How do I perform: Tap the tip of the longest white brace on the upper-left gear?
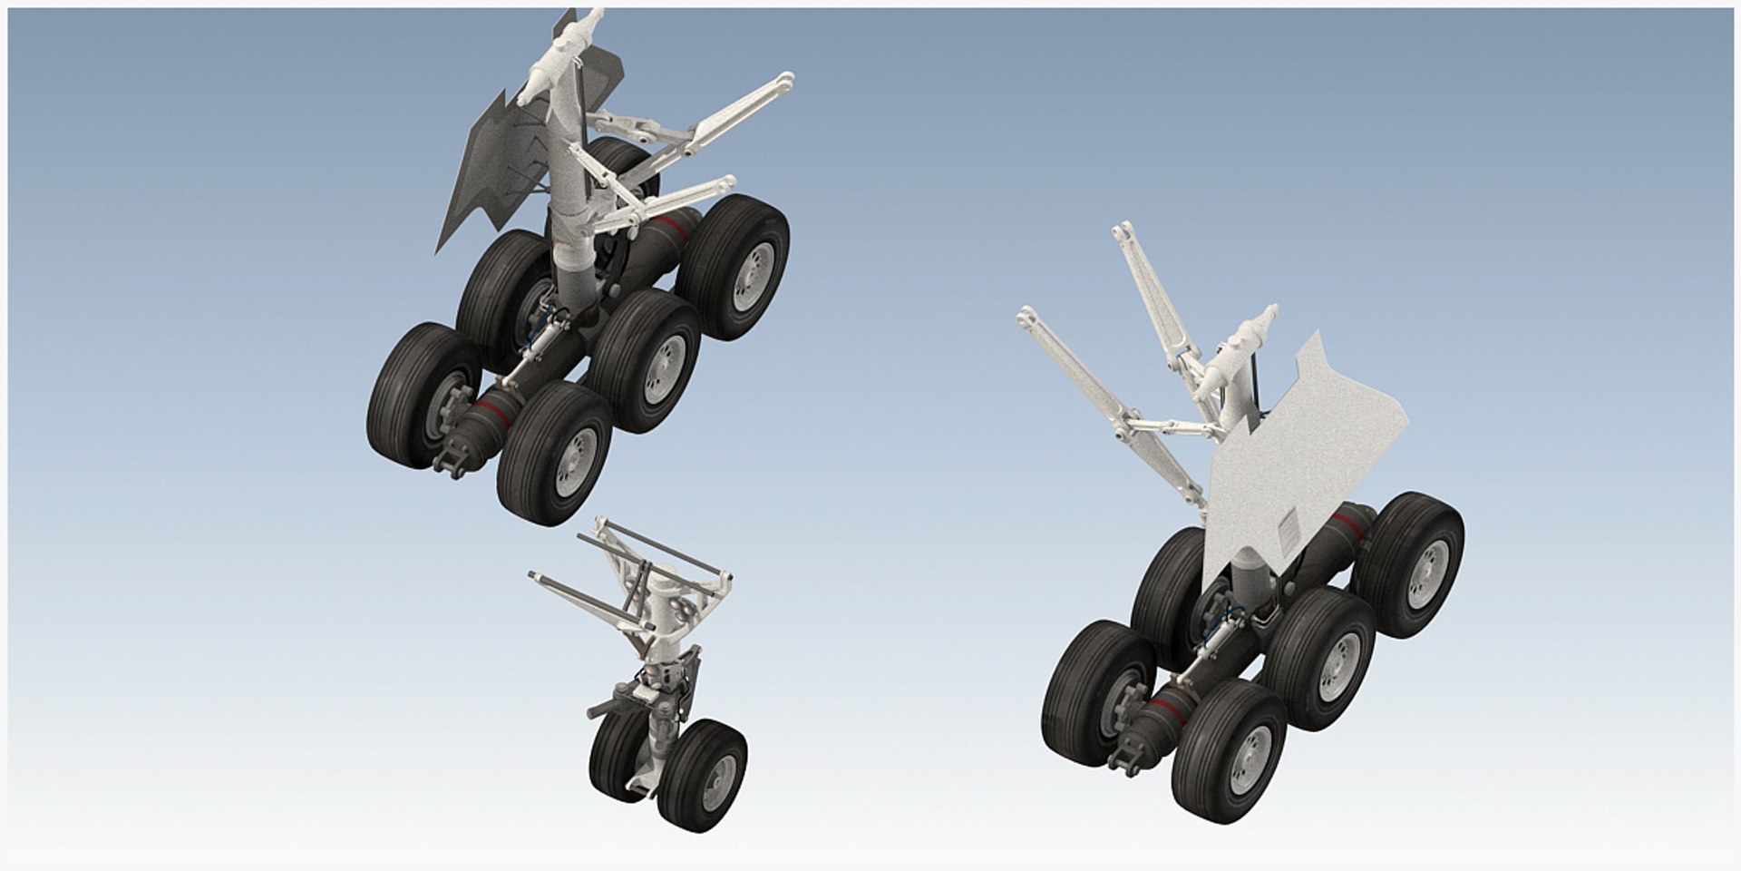coord(785,80)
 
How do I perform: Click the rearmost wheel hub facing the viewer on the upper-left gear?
coord(752,267)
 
